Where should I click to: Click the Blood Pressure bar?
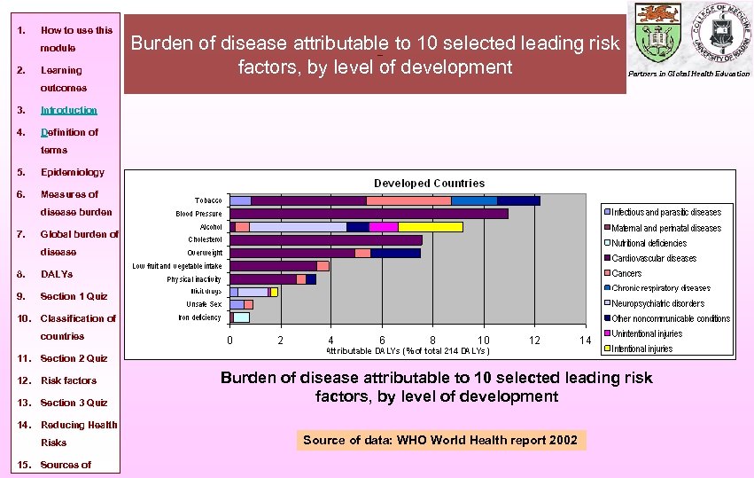pos(368,214)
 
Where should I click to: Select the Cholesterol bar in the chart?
pos(325,239)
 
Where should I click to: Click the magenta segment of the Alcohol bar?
pos(384,227)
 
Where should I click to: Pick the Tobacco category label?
pos(208,200)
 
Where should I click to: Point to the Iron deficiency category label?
pos(199,317)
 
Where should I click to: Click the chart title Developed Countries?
pos(429,184)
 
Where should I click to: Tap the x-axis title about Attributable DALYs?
pos(408,351)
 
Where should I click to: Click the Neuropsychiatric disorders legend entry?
pos(657,303)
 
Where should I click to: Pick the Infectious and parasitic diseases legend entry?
pos(666,212)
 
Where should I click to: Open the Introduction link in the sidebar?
pos(69,110)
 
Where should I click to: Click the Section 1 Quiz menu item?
pos(74,296)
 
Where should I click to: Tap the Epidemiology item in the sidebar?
pos(73,172)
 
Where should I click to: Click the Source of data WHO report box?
pos(439,440)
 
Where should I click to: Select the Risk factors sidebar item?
pos(68,380)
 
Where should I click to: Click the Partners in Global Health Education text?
pos(688,74)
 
